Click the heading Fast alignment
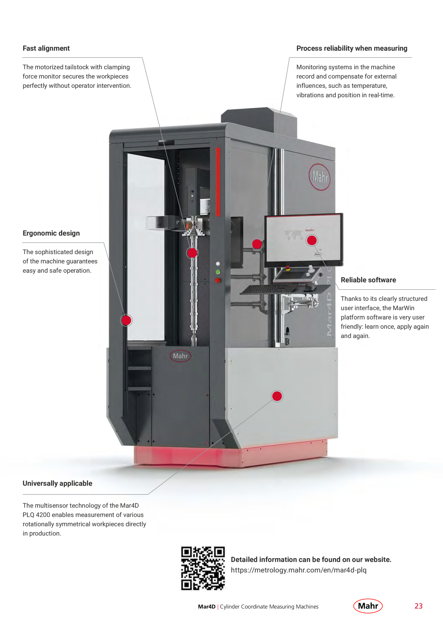(x=46, y=48)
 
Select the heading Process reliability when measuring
(x=352, y=48)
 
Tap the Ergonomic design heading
(x=51, y=233)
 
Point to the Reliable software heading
(x=368, y=280)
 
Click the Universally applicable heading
(x=58, y=483)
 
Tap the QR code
(x=203, y=568)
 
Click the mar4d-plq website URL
(x=299, y=570)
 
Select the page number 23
(x=419, y=606)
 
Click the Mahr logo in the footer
(x=368, y=606)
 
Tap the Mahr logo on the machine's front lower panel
(x=180, y=356)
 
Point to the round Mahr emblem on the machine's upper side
(x=319, y=177)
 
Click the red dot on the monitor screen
(x=312, y=240)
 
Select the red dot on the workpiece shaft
(x=192, y=253)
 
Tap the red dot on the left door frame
(x=126, y=320)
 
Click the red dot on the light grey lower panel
(x=277, y=396)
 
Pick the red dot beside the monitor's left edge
(x=257, y=244)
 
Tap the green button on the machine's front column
(x=218, y=272)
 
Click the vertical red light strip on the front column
(x=218, y=182)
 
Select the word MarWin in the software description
(x=403, y=308)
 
